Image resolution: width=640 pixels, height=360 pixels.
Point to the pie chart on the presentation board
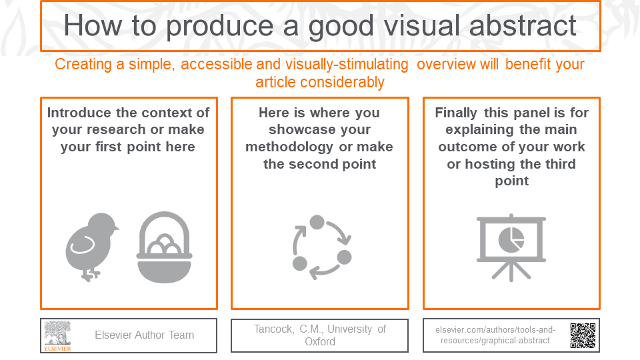tap(511, 237)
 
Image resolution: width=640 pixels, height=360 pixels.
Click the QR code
tap(582, 335)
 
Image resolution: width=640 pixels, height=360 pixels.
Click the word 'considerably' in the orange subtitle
tap(320, 82)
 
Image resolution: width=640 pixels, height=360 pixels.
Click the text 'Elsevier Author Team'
tap(144, 335)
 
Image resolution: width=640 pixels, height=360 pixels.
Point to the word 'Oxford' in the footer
tap(320, 341)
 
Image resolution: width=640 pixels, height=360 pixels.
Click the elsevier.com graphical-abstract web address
tap(495, 335)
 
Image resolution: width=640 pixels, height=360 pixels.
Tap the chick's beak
tap(116, 229)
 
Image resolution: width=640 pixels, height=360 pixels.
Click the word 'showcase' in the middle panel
tap(320, 129)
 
